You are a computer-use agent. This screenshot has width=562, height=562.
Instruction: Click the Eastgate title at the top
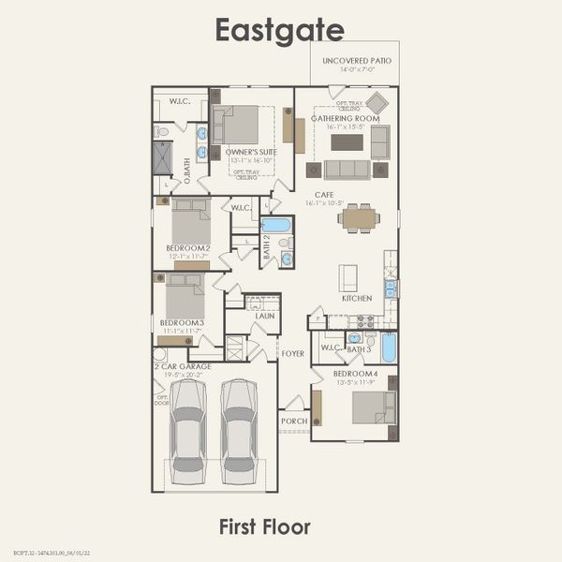coord(280,30)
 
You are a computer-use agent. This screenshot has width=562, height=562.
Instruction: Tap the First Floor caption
coord(264,526)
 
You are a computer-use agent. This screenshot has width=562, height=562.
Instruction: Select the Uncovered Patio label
coord(356,61)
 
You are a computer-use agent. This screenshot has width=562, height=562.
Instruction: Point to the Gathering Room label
coord(346,118)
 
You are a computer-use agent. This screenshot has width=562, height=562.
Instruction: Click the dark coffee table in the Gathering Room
coord(347,142)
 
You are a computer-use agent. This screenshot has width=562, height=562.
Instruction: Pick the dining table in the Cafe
coord(360,218)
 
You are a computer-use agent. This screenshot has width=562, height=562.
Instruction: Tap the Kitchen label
coord(356,298)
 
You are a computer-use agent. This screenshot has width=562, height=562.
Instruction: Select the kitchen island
coord(348,277)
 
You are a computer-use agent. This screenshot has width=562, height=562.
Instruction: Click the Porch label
coord(293,421)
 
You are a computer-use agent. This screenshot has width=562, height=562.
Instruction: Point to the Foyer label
coord(293,354)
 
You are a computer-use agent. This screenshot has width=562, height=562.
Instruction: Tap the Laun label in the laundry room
coord(264,317)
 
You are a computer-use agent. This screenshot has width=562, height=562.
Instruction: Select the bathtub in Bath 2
coord(276,225)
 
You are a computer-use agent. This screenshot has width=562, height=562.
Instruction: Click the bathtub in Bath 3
coord(389,347)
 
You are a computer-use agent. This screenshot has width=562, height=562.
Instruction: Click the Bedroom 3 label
coord(178,323)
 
